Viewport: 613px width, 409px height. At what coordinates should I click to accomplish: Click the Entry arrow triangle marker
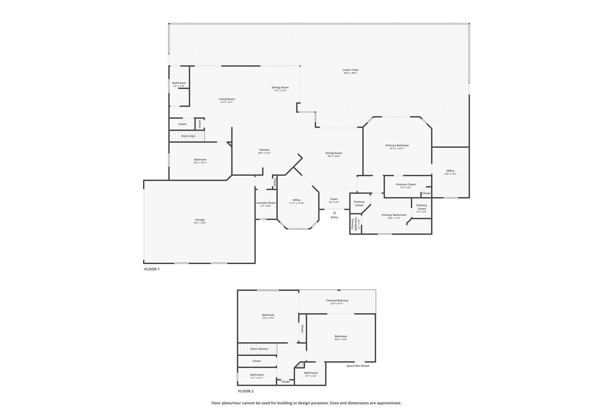pyautogui.click(x=334, y=212)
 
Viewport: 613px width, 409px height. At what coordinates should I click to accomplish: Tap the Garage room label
pyautogui.click(x=200, y=220)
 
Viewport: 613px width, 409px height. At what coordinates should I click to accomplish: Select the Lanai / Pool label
pyautogui.click(x=350, y=70)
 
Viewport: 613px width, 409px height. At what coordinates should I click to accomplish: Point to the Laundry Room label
pyautogui.click(x=266, y=203)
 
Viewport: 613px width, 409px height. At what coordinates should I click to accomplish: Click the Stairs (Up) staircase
pyautogui.click(x=187, y=136)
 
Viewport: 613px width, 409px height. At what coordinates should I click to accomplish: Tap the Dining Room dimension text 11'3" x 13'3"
pyautogui.click(x=280, y=90)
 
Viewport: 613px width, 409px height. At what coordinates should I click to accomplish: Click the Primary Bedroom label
pyautogui.click(x=397, y=145)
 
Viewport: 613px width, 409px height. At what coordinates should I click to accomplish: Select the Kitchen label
pyautogui.click(x=264, y=150)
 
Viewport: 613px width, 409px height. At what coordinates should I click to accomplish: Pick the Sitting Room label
pyautogui.click(x=334, y=153)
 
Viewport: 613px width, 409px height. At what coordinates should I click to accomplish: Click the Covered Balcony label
pyautogui.click(x=337, y=300)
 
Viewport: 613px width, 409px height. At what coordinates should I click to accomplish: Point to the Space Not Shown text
pyautogui.click(x=358, y=366)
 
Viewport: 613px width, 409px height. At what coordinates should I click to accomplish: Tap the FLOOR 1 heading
pyautogui.click(x=152, y=269)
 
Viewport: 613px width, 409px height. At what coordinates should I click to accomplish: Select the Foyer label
pyautogui.click(x=334, y=199)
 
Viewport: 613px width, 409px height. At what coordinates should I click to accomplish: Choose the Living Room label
pyautogui.click(x=227, y=99)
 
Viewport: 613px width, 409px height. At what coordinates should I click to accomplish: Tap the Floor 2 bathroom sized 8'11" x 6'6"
pyautogui.click(x=311, y=374)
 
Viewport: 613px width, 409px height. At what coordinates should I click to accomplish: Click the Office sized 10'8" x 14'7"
pyautogui.click(x=450, y=172)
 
